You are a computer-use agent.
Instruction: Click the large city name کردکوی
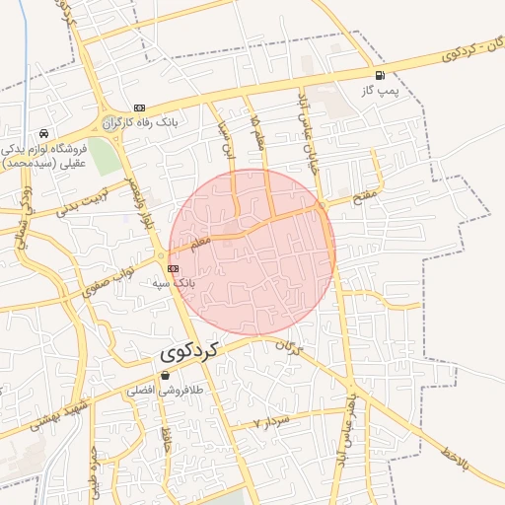187,352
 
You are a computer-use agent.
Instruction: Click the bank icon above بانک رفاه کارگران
139,108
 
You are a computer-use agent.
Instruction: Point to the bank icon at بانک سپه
173,267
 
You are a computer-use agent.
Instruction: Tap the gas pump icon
380,76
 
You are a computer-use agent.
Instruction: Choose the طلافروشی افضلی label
162,391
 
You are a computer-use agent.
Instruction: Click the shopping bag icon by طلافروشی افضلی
165,375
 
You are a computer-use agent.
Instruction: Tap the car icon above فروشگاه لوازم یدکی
43,133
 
